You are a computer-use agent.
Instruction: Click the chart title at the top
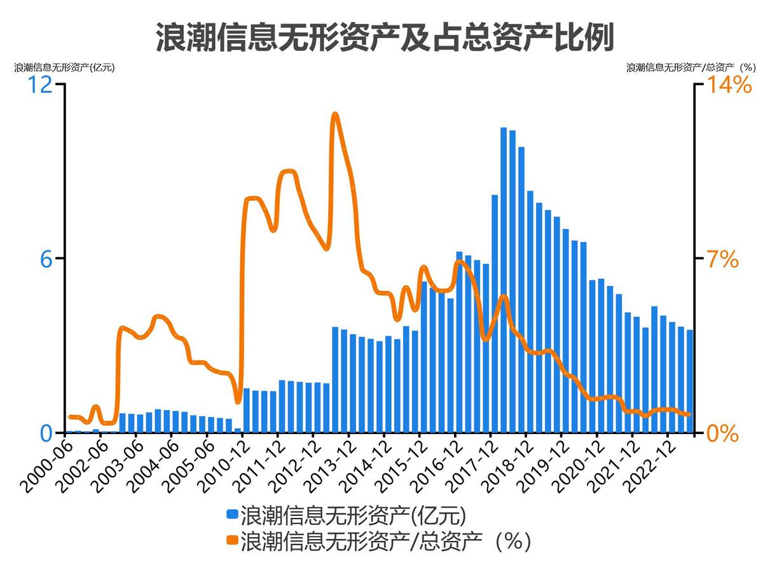[x=385, y=37]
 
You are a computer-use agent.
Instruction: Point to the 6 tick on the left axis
[x=46, y=259]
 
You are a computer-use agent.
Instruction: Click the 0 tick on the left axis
[x=46, y=433]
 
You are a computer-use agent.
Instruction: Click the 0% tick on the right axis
[x=723, y=433]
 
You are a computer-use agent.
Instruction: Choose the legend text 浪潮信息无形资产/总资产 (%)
[x=385, y=541]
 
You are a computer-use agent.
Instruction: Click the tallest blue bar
[x=504, y=280]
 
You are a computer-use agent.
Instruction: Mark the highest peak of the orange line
[x=335, y=114]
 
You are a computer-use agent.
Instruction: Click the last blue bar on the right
[x=689, y=381]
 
